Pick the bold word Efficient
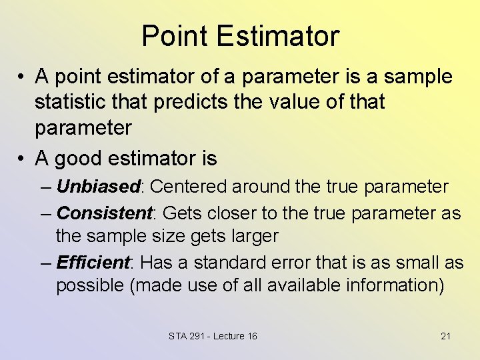94,263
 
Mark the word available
305,286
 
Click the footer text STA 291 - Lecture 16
213,336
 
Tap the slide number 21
445,336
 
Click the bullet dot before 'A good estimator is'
22,159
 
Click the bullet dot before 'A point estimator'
22,77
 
